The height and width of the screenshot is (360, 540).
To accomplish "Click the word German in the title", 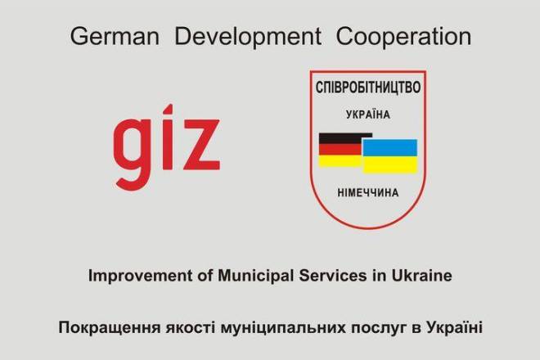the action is click(115, 37).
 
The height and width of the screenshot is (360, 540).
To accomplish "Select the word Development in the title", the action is click(248, 37).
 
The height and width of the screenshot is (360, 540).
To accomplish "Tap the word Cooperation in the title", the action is click(403, 37).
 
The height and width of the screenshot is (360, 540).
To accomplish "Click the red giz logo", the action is click(167, 147).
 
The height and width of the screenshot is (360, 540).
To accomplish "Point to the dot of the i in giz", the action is click(168, 109).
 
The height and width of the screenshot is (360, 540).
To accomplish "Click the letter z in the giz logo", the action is click(202, 145).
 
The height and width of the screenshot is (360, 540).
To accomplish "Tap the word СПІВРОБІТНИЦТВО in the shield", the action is click(368, 88).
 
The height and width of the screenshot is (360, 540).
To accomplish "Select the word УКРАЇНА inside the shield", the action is click(368, 115).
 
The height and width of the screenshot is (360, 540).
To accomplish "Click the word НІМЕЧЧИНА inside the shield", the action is click(368, 192).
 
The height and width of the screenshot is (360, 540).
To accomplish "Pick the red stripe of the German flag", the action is click(340, 150).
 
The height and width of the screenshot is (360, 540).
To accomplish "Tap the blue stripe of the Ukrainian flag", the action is click(389, 148).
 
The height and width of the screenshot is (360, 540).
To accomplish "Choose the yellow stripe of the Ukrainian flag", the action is click(389, 164).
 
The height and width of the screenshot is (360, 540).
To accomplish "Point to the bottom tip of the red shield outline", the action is click(368, 227).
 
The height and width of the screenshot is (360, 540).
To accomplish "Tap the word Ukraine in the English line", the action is click(421, 276).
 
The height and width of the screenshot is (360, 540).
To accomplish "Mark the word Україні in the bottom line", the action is click(454, 327).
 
